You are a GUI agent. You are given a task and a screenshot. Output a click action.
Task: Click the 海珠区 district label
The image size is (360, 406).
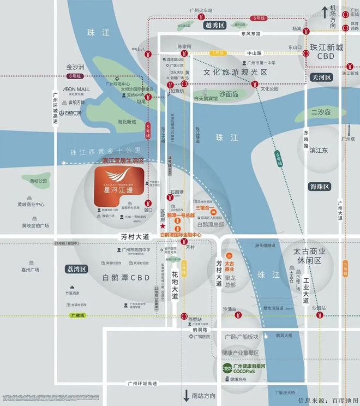pos(319,187)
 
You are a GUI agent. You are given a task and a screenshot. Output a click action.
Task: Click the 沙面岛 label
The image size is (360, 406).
pos(229,94)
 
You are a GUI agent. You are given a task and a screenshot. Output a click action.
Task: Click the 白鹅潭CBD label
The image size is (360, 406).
pos(126,277)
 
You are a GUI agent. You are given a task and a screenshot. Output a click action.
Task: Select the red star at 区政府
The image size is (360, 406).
pos(163,226)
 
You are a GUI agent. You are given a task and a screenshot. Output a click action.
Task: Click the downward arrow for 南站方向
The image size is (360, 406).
pos(186,395)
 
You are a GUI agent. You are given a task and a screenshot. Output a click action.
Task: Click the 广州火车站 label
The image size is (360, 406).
pos(202,11)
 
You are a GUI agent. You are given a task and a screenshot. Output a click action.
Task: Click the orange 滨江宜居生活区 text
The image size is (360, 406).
pos(123,161)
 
